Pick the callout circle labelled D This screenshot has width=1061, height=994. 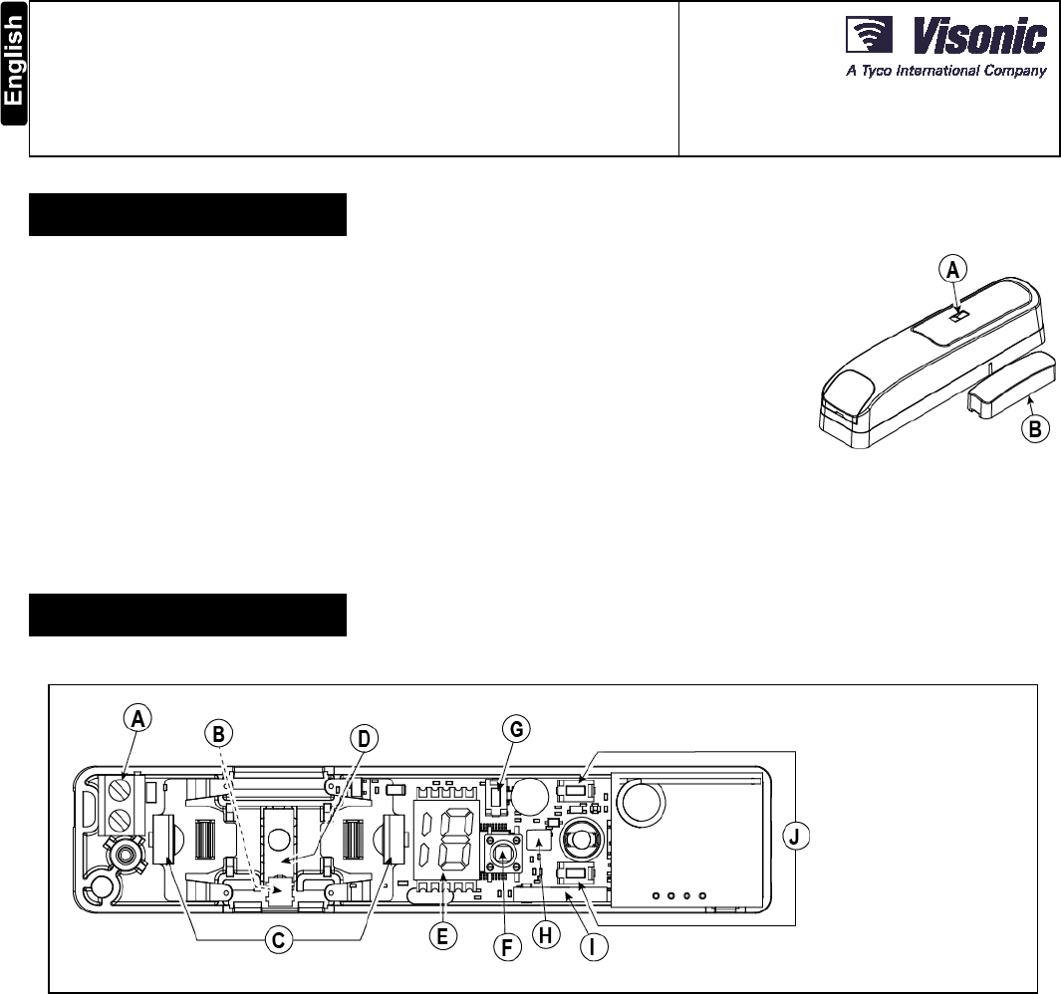364,740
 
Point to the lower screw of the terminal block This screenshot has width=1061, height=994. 119,822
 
